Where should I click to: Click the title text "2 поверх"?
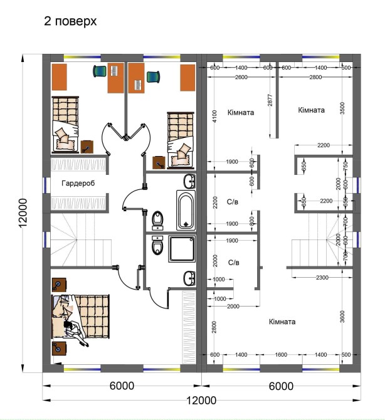70,21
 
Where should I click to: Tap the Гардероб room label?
78,183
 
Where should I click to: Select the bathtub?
186,210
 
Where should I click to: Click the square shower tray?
182,249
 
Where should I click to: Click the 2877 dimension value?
270,100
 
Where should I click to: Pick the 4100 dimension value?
214,116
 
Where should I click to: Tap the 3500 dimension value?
342,108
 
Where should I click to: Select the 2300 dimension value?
322,278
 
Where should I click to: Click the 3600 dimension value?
342,317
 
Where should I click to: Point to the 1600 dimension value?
281,355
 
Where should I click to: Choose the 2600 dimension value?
241,77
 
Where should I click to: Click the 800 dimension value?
252,221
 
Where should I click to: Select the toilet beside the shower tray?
157,245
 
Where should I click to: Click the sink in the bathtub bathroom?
190,181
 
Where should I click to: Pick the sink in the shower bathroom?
190,278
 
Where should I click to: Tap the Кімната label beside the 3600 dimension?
282,322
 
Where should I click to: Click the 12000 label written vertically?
24,213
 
